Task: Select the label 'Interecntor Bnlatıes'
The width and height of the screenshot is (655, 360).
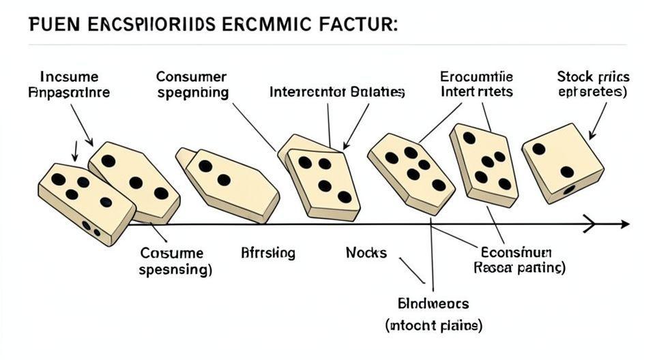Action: pyautogui.click(x=338, y=91)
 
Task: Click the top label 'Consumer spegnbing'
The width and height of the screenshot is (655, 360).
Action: pyautogui.click(x=192, y=85)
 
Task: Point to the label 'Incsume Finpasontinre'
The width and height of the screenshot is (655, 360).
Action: pyautogui.click(x=70, y=85)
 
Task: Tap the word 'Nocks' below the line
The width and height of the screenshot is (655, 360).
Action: pyautogui.click(x=366, y=253)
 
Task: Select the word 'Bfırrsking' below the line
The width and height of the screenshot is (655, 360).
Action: pyautogui.click(x=268, y=253)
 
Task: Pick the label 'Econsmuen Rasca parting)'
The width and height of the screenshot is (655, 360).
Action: pyautogui.click(x=519, y=260)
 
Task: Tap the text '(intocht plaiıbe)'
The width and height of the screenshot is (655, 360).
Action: pyautogui.click(x=433, y=326)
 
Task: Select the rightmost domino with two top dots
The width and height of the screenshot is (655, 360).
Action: pyautogui.click(x=563, y=162)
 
